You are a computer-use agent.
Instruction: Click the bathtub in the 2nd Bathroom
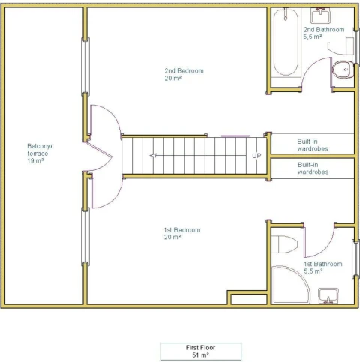tap(286, 43)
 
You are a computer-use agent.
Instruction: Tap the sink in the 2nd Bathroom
tap(320, 16)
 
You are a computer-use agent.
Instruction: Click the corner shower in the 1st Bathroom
tap(290, 285)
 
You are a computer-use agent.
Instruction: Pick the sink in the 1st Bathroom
tap(328, 296)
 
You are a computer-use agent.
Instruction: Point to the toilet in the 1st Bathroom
tap(284, 244)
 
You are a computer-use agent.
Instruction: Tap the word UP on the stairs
tap(256, 156)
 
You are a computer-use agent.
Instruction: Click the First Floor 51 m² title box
tap(201, 352)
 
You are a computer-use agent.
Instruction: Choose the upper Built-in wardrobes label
tap(313, 145)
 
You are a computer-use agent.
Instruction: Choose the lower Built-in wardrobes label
tap(313, 169)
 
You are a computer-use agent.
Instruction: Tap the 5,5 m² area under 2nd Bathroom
tap(313, 37)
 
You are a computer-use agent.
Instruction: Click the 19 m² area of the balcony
tap(35, 160)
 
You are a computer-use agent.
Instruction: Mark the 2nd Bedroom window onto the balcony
tap(85, 67)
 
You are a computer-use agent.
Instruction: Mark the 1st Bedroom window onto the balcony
tap(85, 237)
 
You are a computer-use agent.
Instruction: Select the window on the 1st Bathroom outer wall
tap(355, 259)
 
